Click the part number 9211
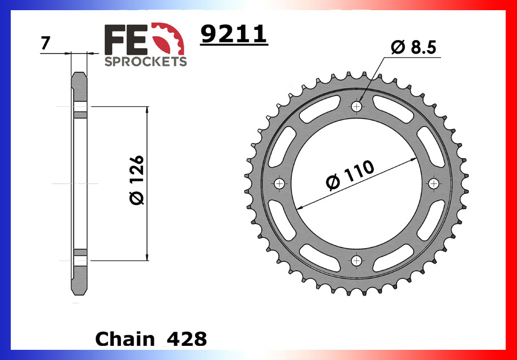click(233, 35)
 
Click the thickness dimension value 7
click(45, 44)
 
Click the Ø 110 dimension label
click(350, 175)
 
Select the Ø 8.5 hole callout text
click(413, 49)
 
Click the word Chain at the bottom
click(125, 339)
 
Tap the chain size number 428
click(187, 339)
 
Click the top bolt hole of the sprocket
click(356, 106)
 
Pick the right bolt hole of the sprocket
click(434, 184)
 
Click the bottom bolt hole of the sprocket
click(356, 261)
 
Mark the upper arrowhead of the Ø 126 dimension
click(147, 111)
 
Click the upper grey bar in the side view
click(80, 115)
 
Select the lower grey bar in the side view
click(80, 252)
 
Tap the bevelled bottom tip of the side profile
click(79, 290)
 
